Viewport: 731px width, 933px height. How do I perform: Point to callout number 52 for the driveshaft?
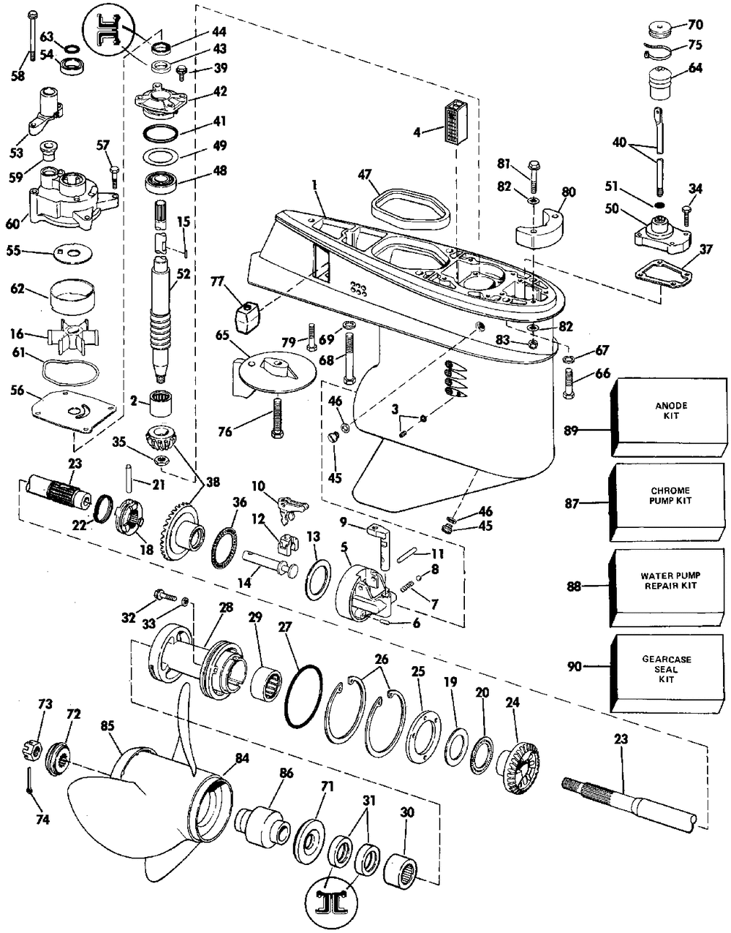(x=183, y=275)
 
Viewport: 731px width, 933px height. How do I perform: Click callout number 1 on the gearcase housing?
(x=312, y=188)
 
